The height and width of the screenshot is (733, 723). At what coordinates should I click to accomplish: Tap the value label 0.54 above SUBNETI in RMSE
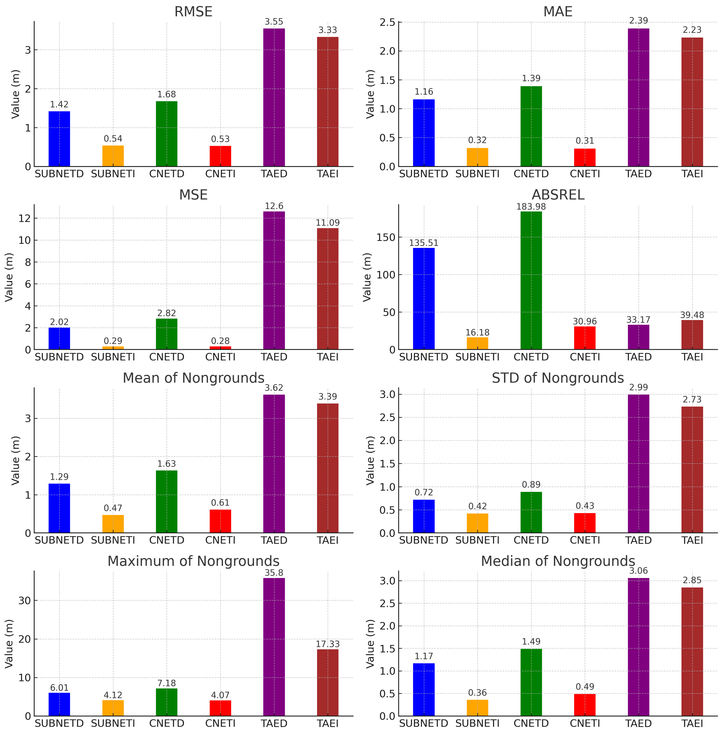coord(113,139)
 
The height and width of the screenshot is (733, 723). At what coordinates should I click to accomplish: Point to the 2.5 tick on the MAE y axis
coord(387,22)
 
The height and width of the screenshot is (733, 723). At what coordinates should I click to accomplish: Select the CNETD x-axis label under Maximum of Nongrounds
coord(166,723)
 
